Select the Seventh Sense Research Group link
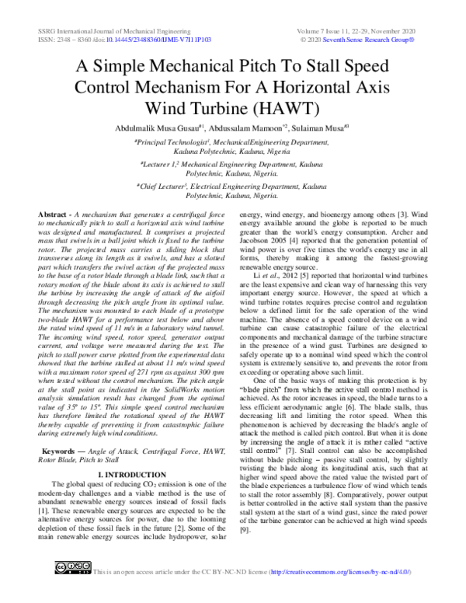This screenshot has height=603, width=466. click(392, 37)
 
